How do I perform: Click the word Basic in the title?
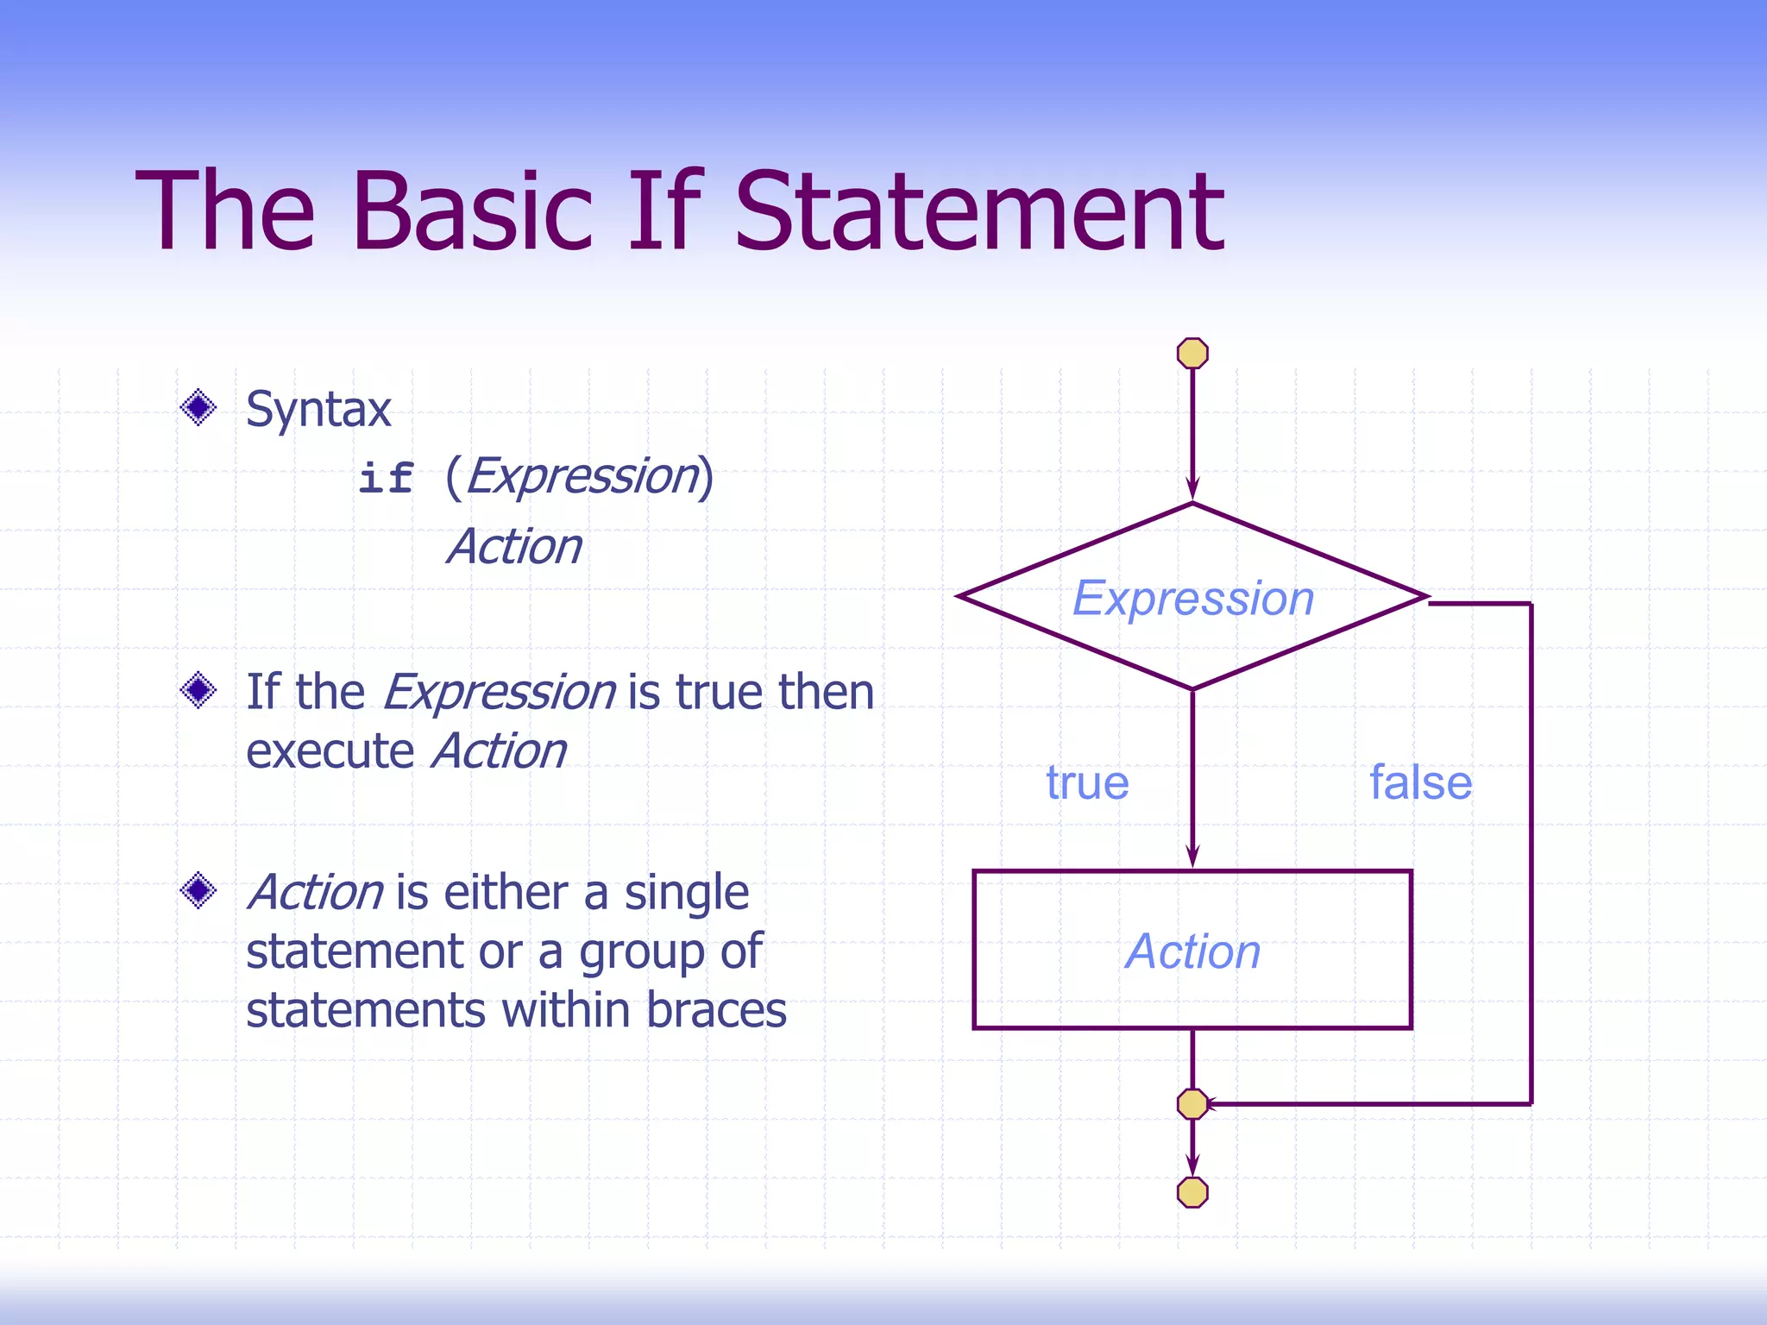(472, 211)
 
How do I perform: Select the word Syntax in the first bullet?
(318, 409)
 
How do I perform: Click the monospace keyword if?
(386, 478)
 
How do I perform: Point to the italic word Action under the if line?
(515, 547)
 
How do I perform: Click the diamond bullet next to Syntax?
(198, 407)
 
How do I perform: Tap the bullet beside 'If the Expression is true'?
(198, 690)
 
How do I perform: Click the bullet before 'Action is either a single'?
(198, 890)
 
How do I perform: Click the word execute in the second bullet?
(330, 751)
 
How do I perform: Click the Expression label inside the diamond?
(1192, 598)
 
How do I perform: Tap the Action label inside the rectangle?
(1192, 951)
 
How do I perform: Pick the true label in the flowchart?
(1087, 782)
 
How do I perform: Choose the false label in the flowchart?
(1420, 782)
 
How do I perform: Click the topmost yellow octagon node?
(1192, 353)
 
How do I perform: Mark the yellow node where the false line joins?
(1192, 1104)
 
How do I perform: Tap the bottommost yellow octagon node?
(1192, 1192)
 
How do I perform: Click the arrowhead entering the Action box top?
(1192, 857)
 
